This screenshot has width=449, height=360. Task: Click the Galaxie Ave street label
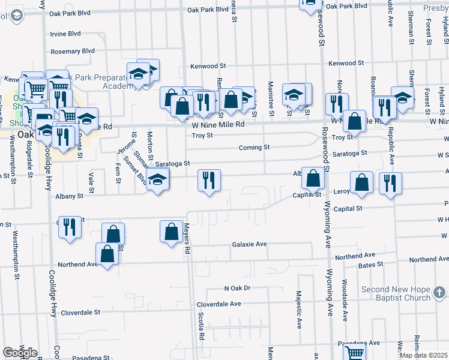click(x=249, y=245)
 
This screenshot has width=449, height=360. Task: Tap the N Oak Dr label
click(x=237, y=289)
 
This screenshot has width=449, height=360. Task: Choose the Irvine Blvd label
click(x=66, y=34)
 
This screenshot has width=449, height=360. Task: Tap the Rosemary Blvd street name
click(x=73, y=52)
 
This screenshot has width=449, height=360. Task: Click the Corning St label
click(x=254, y=147)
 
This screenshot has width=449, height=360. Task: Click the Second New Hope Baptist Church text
click(x=396, y=293)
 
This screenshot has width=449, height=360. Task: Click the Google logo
click(x=20, y=352)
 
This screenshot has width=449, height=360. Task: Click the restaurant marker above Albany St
click(x=209, y=181)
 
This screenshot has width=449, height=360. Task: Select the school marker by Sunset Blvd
click(x=157, y=180)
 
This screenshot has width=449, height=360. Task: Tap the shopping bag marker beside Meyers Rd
click(x=171, y=232)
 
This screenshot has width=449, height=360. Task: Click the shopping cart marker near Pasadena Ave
click(x=355, y=353)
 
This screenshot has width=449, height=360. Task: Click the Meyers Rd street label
click(x=187, y=245)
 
